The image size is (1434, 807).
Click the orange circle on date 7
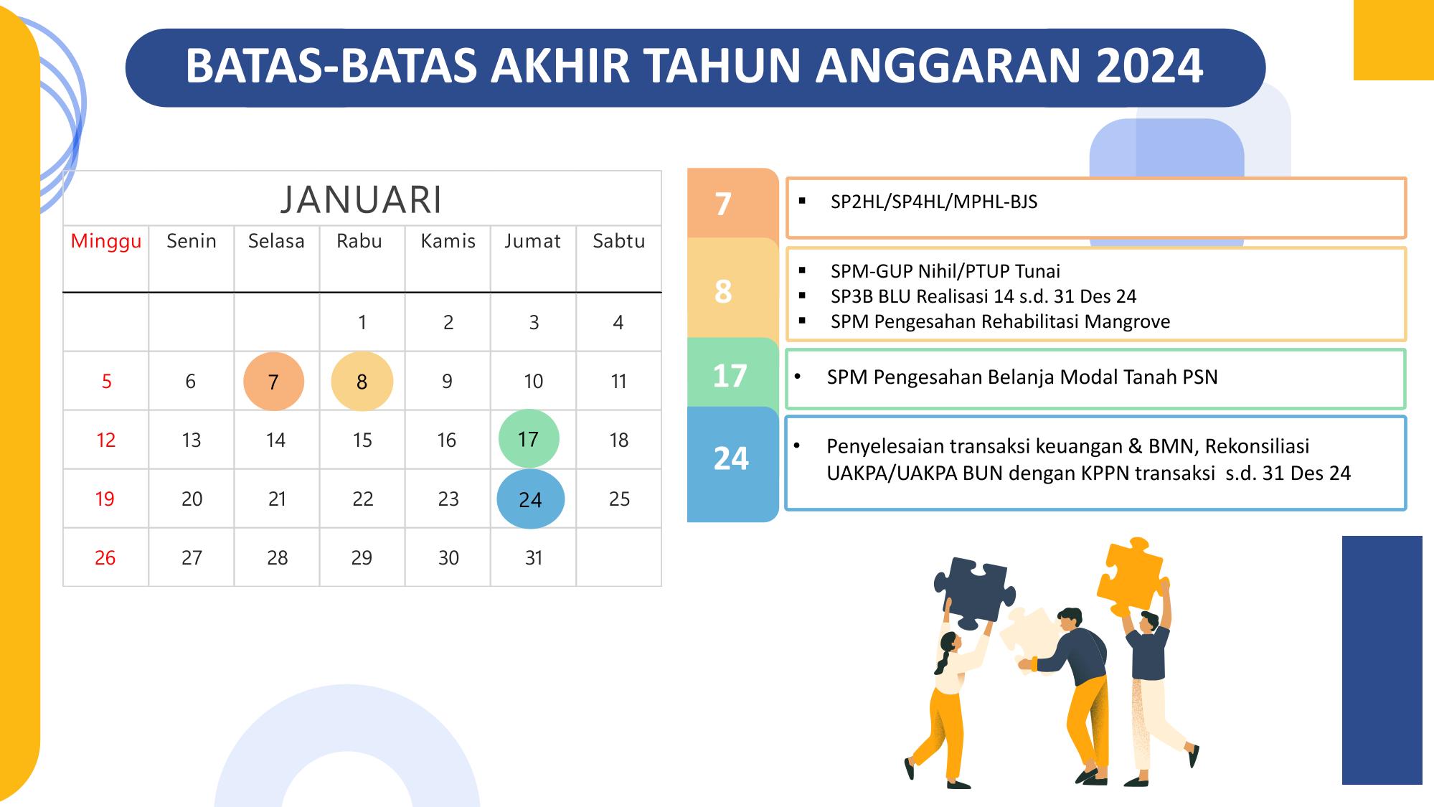pyautogui.click(x=273, y=381)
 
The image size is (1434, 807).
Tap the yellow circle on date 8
pyautogui.click(x=362, y=381)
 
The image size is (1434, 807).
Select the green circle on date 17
pyautogui.click(x=529, y=438)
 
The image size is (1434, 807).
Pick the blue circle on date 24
pyautogui.click(x=530, y=499)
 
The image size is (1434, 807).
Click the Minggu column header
pyautogui.click(x=106, y=242)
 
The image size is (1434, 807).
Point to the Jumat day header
pyautogui.click(x=532, y=241)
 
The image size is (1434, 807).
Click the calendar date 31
pyautogui.click(x=534, y=557)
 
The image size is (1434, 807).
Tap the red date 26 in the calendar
pyautogui.click(x=105, y=557)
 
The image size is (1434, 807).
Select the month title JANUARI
pyautogui.click(x=362, y=199)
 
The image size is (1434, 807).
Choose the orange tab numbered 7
pyautogui.click(x=732, y=203)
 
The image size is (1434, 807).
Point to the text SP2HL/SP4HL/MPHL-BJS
pyautogui.click(x=934, y=202)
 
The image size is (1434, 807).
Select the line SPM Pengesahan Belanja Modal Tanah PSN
pyautogui.click(x=1022, y=377)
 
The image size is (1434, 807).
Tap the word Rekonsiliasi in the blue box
pyautogui.click(x=1257, y=446)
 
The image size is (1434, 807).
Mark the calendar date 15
pyautogui.click(x=362, y=440)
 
